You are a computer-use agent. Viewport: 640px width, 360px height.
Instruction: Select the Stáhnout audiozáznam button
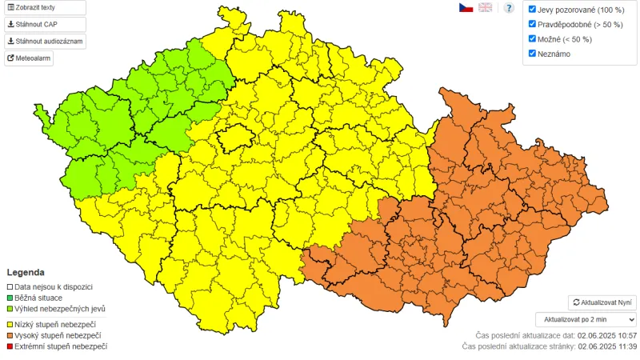[44, 42]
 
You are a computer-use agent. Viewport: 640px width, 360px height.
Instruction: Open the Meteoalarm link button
[29, 58]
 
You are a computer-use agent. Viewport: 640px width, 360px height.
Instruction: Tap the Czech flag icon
[465, 7]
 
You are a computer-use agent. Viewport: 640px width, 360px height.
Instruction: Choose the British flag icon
[486, 7]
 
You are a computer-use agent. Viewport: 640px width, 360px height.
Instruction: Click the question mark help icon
[508, 8]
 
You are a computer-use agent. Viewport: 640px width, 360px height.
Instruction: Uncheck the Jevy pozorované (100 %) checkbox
[532, 10]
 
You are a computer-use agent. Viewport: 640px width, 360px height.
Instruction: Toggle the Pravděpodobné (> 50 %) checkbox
[532, 24]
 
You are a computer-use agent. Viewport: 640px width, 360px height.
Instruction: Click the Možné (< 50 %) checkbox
[532, 38]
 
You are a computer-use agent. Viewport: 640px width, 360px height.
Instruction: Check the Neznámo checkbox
[532, 54]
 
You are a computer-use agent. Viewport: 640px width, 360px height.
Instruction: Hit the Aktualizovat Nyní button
[602, 302]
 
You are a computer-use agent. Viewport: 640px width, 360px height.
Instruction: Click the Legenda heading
[26, 272]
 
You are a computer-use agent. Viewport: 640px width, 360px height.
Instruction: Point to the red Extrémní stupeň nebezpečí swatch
[10, 346]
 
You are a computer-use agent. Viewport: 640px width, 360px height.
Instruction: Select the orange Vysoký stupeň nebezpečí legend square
[10, 335]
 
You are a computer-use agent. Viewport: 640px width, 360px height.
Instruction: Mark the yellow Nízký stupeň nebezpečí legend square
[10, 324]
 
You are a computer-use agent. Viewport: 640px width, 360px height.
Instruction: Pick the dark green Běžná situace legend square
[10, 298]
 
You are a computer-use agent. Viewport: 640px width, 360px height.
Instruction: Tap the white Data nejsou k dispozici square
[10, 286]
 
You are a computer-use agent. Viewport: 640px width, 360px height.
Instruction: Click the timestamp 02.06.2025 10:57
[606, 335]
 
